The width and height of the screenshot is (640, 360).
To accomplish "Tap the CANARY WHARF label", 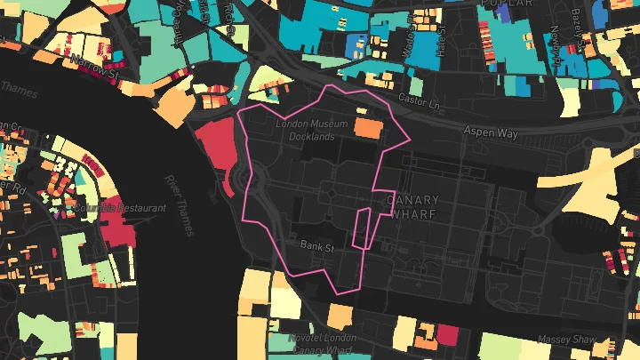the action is (x=414, y=206).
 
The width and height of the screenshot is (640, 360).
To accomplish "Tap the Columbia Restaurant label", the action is (x=121, y=207).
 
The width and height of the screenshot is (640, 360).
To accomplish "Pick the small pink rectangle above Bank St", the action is (x=362, y=228).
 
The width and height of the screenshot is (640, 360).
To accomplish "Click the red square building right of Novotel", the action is (x=447, y=335).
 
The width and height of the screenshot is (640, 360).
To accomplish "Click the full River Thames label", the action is (x=179, y=205).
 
